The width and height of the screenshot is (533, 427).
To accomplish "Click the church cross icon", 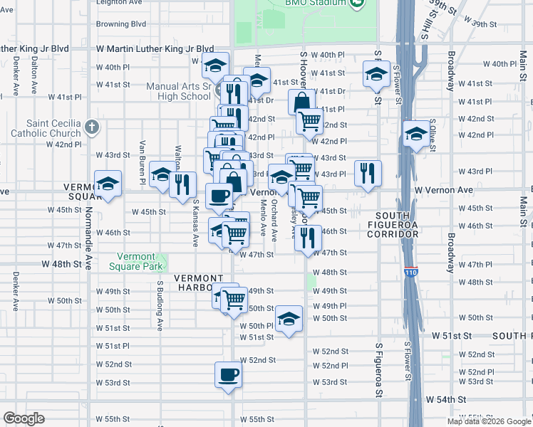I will coord(91,127).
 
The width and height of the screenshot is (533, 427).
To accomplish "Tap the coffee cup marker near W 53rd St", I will coord(229,374).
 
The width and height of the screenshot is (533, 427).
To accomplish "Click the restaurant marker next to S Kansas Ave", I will coord(182,184).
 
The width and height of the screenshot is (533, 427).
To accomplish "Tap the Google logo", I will coord(24,418).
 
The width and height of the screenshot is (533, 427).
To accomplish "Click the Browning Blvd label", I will coord(121,23).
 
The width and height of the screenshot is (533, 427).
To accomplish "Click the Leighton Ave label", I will coord(119,3).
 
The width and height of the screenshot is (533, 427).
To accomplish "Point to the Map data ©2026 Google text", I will coord(490,421).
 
